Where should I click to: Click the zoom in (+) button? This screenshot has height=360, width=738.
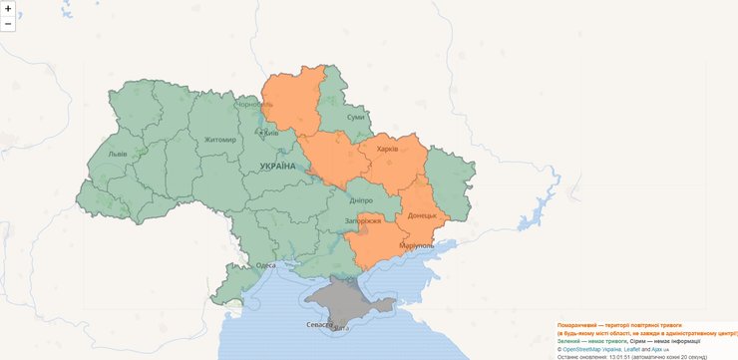(8, 8)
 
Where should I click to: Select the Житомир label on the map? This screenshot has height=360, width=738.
(219, 141)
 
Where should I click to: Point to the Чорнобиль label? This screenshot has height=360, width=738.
(252, 105)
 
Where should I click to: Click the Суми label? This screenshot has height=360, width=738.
(355, 118)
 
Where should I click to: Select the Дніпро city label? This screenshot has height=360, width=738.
(361, 200)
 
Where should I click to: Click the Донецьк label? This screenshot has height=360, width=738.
(423, 215)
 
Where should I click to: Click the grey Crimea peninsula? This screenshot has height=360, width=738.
(344, 299)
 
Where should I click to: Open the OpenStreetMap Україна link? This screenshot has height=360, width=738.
(595, 350)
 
